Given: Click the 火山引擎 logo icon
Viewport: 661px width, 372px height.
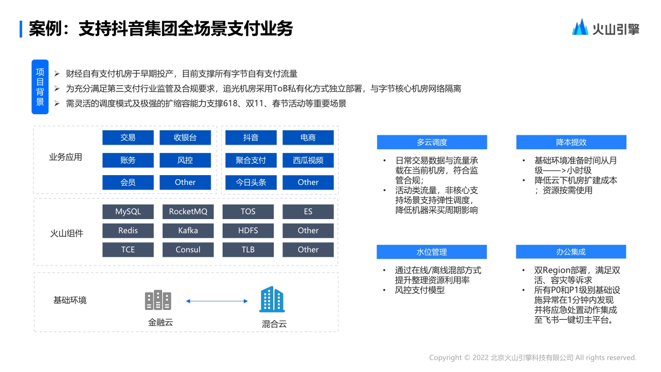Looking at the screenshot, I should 580,27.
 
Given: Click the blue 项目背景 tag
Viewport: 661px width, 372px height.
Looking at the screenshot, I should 40,87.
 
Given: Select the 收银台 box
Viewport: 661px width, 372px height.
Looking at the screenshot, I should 185,137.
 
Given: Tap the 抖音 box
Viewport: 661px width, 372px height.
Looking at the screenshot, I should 251,137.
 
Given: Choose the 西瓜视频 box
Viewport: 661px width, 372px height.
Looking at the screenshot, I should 308,160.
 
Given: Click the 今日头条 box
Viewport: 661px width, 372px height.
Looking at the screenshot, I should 251,182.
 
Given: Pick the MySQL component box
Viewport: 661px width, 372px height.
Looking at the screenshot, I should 128,212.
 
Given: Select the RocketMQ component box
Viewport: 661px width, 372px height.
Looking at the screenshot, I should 188,212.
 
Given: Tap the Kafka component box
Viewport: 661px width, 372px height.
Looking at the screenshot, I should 188,230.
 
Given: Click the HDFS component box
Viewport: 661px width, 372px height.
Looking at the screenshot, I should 248,230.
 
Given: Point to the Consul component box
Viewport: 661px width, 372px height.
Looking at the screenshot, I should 188,250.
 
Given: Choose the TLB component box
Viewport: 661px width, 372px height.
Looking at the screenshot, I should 248,250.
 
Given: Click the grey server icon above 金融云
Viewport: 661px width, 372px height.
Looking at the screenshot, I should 158,300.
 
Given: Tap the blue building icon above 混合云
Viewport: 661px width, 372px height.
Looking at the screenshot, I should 272,300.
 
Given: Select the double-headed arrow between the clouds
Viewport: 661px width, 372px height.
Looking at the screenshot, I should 214,301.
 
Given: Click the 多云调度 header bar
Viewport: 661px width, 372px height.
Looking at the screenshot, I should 432,142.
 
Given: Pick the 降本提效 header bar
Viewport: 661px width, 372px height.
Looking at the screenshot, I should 571,142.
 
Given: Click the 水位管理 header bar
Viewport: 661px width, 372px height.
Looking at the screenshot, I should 432,252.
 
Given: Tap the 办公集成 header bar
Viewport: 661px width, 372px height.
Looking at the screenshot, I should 571,252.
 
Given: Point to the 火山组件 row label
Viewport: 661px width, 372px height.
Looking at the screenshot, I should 67,233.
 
